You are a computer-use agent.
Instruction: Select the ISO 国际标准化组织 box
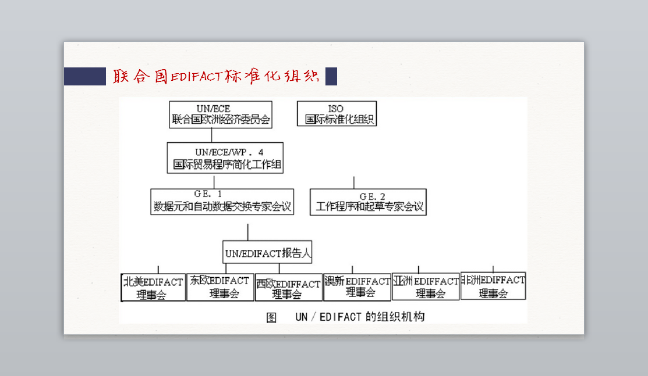(337, 114)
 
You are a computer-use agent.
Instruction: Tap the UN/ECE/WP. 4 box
(225, 157)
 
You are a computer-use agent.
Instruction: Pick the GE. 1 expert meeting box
(222, 201)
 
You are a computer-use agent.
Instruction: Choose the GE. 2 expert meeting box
(368, 202)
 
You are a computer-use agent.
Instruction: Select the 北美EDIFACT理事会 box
(153, 288)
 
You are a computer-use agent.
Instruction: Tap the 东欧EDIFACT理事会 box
(220, 287)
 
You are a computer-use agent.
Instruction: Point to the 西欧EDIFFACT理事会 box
(288, 288)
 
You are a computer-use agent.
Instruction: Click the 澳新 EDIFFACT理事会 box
(357, 287)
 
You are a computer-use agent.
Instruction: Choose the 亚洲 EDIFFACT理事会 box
(426, 287)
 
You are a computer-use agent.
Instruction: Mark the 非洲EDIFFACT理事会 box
(493, 286)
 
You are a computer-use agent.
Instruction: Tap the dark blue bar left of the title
(84, 77)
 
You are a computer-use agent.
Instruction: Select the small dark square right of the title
(331, 77)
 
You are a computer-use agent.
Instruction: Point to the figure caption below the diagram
(345, 317)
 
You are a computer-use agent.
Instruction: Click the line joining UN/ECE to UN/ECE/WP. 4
(211, 135)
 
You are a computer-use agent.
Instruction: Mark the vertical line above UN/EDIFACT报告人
(247, 232)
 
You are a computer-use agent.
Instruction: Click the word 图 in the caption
(271, 317)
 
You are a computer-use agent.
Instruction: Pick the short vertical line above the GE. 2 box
(353, 182)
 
